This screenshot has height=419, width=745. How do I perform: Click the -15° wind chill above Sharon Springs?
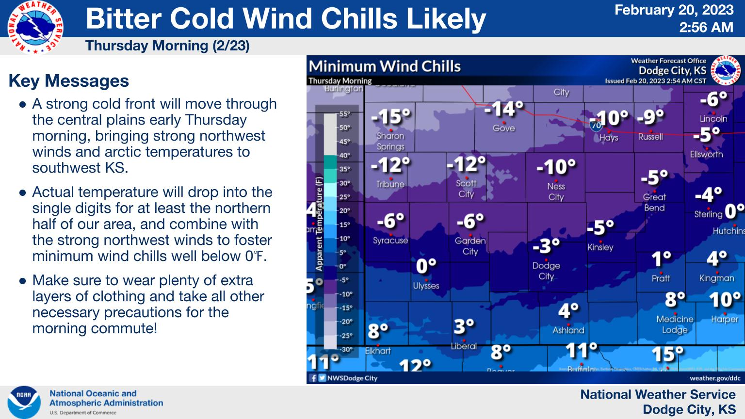391,117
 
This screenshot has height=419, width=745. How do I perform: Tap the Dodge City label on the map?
546,271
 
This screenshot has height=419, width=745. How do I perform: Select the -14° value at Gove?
504,109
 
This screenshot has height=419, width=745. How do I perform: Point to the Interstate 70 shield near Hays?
596,126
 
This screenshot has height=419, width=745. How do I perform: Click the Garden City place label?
470,246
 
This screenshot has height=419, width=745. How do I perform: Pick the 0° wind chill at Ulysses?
426,266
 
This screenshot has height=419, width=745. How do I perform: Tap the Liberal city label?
464,346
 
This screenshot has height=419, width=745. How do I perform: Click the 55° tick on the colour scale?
344,114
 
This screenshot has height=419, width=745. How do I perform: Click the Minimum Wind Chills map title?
384,66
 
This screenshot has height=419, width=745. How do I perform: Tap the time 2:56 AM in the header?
706,27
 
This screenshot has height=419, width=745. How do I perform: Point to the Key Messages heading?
69,81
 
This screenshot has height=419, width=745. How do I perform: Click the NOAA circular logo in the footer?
24,403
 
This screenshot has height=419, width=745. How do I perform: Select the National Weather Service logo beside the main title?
35,27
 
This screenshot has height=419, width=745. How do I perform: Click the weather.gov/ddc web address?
715,378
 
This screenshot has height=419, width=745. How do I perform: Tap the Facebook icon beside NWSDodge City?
313,378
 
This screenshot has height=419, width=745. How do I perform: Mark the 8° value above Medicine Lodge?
675,300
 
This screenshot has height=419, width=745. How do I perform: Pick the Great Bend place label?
654,202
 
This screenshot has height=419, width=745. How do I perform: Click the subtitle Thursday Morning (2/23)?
167,46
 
